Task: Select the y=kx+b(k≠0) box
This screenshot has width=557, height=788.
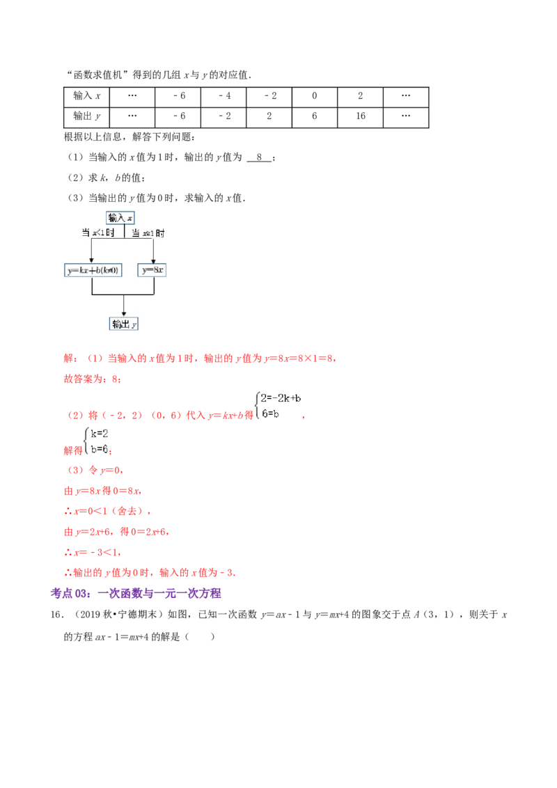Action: [x=92, y=270]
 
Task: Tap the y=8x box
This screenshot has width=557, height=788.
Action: [x=153, y=270]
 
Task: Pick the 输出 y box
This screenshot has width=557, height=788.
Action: [x=123, y=324]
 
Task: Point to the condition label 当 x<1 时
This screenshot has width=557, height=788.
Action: [x=97, y=234]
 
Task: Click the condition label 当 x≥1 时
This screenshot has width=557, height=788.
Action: [x=148, y=234]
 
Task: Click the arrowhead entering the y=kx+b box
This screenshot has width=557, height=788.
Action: [x=92, y=260]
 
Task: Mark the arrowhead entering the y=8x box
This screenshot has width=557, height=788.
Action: [x=153, y=260]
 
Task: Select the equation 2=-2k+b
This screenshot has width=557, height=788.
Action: [x=281, y=398]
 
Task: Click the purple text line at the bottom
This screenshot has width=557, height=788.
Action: [x=136, y=594]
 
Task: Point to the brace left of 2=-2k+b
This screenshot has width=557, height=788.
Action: [x=257, y=406]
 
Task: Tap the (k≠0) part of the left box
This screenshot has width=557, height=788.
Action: [x=108, y=270]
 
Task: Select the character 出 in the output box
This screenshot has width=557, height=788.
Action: [x=125, y=324]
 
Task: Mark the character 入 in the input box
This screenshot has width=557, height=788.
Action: [x=121, y=218]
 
